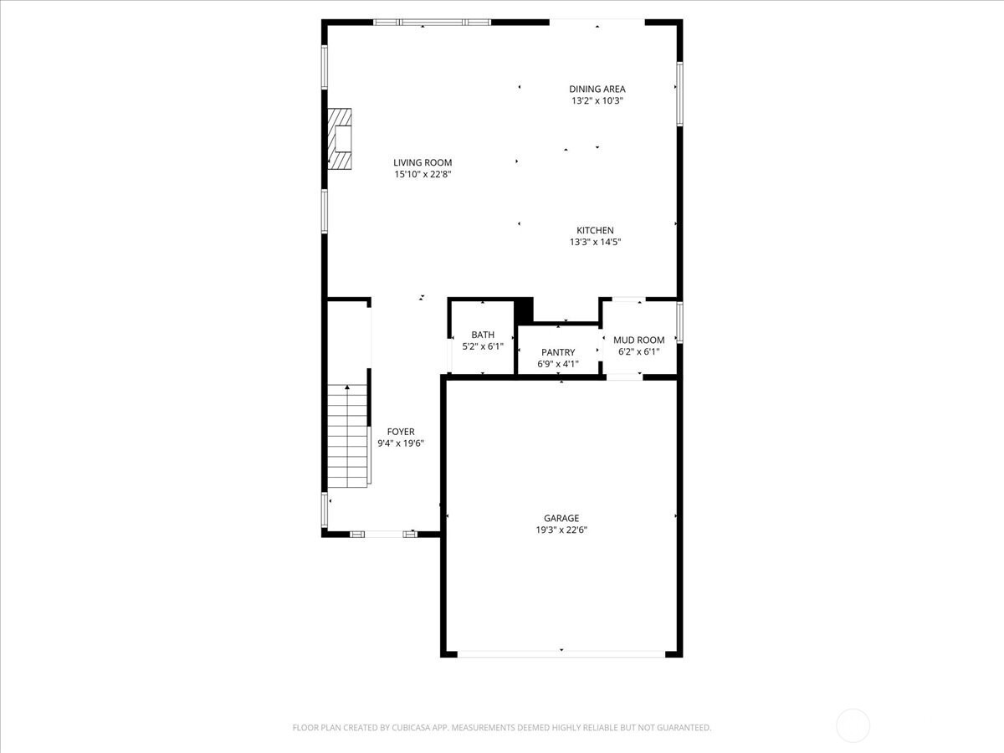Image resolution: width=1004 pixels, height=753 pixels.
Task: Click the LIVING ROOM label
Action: click(x=423, y=162)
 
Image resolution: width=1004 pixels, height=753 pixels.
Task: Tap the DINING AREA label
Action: click(x=597, y=90)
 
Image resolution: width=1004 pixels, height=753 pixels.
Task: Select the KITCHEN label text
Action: click(x=595, y=230)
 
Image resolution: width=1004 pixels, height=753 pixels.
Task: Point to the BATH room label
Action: click(x=483, y=335)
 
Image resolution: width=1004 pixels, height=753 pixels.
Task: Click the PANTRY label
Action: click(x=558, y=352)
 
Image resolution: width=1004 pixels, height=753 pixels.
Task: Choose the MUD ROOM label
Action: click(x=639, y=341)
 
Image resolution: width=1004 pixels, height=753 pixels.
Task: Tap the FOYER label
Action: click(x=401, y=432)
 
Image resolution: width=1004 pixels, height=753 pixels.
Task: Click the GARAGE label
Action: click(x=561, y=518)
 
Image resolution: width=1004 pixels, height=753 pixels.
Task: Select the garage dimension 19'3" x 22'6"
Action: click(x=561, y=530)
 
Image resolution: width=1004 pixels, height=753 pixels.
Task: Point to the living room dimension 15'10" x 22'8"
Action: click(x=423, y=174)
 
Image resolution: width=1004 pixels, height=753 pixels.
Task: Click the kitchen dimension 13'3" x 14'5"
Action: click(x=595, y=243)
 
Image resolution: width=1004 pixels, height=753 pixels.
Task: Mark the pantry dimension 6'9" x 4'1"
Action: click(x=558, y=365)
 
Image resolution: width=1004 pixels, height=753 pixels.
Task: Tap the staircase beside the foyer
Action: click(x=347, y=436)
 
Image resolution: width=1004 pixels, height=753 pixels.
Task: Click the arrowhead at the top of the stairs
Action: click(x=347, y=387)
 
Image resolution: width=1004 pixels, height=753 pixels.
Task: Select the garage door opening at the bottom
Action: click(x=561, y=654)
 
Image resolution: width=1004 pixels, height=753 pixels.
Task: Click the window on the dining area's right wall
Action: click(x=679, y=94)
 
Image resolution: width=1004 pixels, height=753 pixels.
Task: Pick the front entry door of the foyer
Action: click(x=384, y=534)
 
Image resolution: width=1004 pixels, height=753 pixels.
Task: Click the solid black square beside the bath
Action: click(x=525, y=310)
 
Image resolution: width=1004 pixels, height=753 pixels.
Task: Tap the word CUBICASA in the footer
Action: click(x=411, y=727)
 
